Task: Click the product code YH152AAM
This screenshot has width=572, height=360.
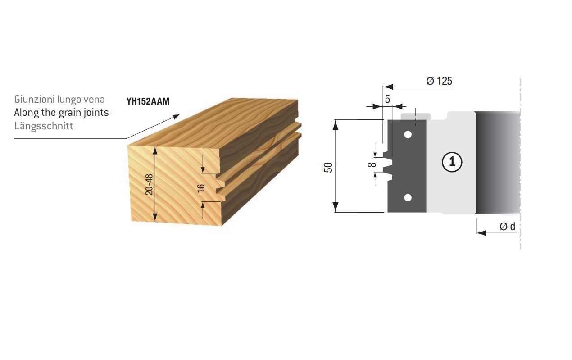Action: click(148, 101)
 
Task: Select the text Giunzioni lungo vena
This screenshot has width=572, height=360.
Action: click(59, 100)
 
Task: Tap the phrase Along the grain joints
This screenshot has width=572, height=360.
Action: click(61, 113)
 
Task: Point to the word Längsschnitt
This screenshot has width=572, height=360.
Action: click(44, 126)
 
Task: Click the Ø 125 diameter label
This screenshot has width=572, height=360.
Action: click(439, 81)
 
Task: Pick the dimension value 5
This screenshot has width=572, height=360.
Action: click(387, 99)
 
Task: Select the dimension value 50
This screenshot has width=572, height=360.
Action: click(328, 167)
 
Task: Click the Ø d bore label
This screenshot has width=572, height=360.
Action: click(508, 226)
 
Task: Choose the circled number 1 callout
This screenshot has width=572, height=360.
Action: click(452, 162)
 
